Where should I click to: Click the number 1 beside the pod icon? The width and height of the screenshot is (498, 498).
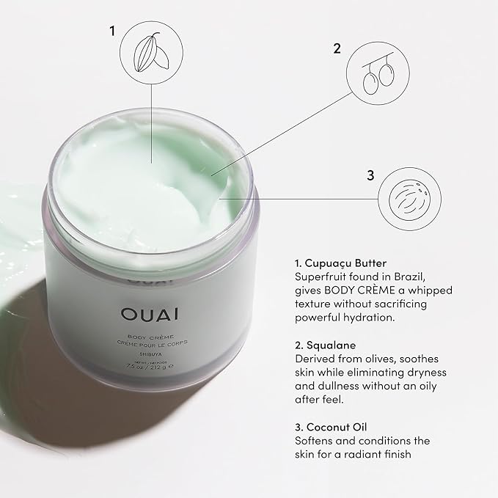coord(112,32)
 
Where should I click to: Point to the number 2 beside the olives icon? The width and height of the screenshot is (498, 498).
coord(337,49)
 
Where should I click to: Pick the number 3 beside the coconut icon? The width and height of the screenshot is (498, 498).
coord(370,175)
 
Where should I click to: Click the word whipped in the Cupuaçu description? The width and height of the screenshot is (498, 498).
coord(418,290)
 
